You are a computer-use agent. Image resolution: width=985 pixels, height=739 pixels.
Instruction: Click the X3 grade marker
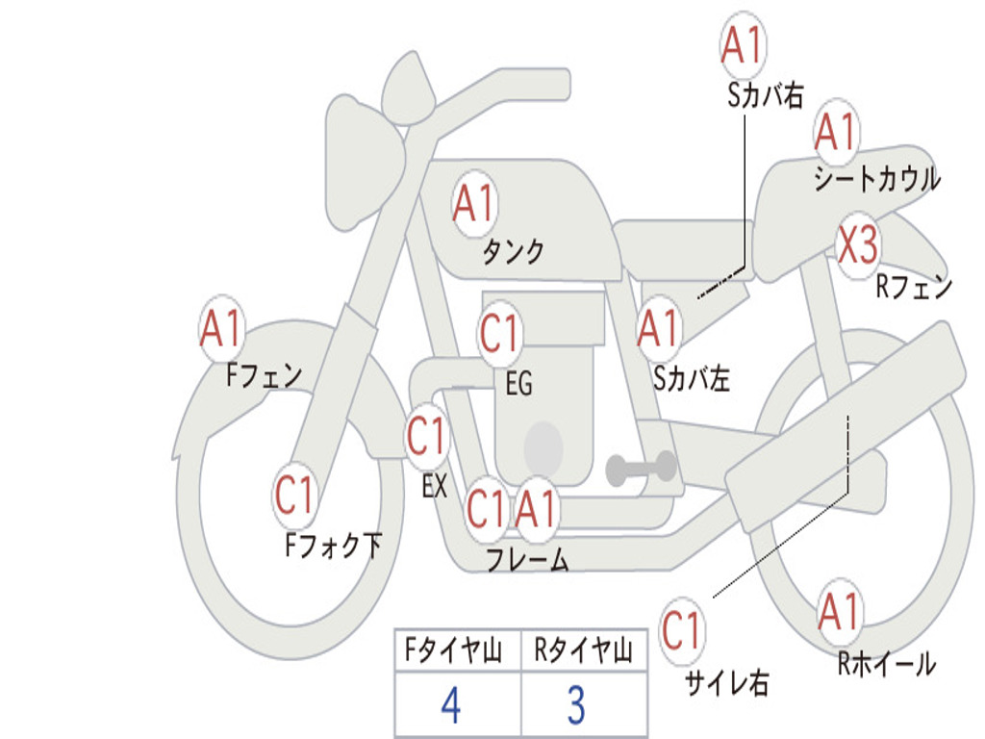pyautogui.click(x=858, y=244)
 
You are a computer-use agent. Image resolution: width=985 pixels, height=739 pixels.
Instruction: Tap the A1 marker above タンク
pyautogui.click(x=474, y=204)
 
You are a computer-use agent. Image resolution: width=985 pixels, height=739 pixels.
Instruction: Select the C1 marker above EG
pyautogui.click(x=499, y=332)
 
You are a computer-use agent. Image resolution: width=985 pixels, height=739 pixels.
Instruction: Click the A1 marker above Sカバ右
pyautogui.click(x=744, y=44)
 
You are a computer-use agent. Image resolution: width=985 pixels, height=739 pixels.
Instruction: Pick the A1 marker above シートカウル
pyautogui.click(x=836, y=131)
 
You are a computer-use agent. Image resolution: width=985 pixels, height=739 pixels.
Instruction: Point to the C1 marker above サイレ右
pyautogui.click(x=681, y=630)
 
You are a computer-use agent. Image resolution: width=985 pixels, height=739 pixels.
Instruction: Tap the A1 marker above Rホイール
pyautogui.click(x=840, y=612)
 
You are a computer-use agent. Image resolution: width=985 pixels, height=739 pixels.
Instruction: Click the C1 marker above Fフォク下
pyautogui.click(x=294, y=495)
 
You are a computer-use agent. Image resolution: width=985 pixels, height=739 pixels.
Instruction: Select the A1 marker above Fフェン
pyautogui.click(x=221, y=328)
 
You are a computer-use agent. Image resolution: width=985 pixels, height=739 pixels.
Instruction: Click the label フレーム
pyautogui.click(x=528, y=559)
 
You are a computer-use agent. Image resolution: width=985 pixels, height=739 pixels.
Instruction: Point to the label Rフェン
pyautogui.click(x=914, y=287)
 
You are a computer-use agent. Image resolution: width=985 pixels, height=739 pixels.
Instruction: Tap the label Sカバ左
pyautogui.click(x=691, y=379)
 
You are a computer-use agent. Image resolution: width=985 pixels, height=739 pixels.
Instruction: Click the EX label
pyautogui.click(x=434, y=486)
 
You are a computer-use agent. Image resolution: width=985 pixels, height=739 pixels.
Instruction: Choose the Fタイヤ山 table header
pyautogui.click(x=454, y=650)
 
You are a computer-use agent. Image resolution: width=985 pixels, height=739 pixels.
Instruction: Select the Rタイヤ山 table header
pyautogui.click(x=583, y=650)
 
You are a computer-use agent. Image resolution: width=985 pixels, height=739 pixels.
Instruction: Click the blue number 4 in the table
pyautogui.click(x=451, y=705)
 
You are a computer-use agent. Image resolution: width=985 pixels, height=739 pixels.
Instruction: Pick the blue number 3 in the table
pyautogui.click(x=577, y=705)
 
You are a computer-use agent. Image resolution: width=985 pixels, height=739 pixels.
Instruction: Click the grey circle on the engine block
pyautogui.click(x=543, y=448)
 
